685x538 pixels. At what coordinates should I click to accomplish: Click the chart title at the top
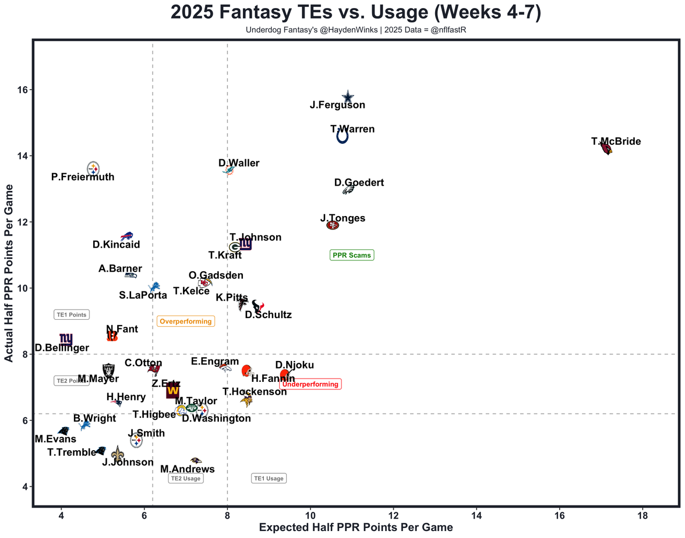[x=356, y=12]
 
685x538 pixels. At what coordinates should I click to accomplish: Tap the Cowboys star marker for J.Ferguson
[x=348, y=97]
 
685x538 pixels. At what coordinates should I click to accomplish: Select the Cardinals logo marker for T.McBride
[x=606, y=149]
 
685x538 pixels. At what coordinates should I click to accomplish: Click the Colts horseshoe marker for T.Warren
[x=342, y=136]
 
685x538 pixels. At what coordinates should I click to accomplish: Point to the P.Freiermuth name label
[x=83, y=177]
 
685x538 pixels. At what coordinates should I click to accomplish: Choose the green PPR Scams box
[x=352, y=255]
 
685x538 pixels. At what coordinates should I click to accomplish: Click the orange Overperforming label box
[x=186, y=321]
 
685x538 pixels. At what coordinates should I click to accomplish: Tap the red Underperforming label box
[x=310, y=384]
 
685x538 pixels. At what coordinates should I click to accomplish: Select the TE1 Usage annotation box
[x=269, y=478]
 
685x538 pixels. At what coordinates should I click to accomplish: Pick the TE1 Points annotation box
[x=72, y=314]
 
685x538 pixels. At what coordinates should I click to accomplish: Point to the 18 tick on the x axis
[x=643, y=516]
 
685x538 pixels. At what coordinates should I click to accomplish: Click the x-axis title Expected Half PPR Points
[x=356, y=528]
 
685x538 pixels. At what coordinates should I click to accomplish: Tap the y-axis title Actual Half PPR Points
[x=9, y=273]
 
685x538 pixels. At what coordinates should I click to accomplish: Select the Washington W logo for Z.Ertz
[x=172, y=390]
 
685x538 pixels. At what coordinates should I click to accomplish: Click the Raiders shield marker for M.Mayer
[x=109, y=370]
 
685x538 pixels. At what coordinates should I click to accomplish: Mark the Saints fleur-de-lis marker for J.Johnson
[x=118, y=454]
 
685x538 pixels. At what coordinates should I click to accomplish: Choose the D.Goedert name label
[x=359, y=182]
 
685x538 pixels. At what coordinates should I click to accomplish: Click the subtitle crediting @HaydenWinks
[x=356, y=30]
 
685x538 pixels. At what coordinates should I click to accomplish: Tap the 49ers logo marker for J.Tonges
[x=332, y=225]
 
